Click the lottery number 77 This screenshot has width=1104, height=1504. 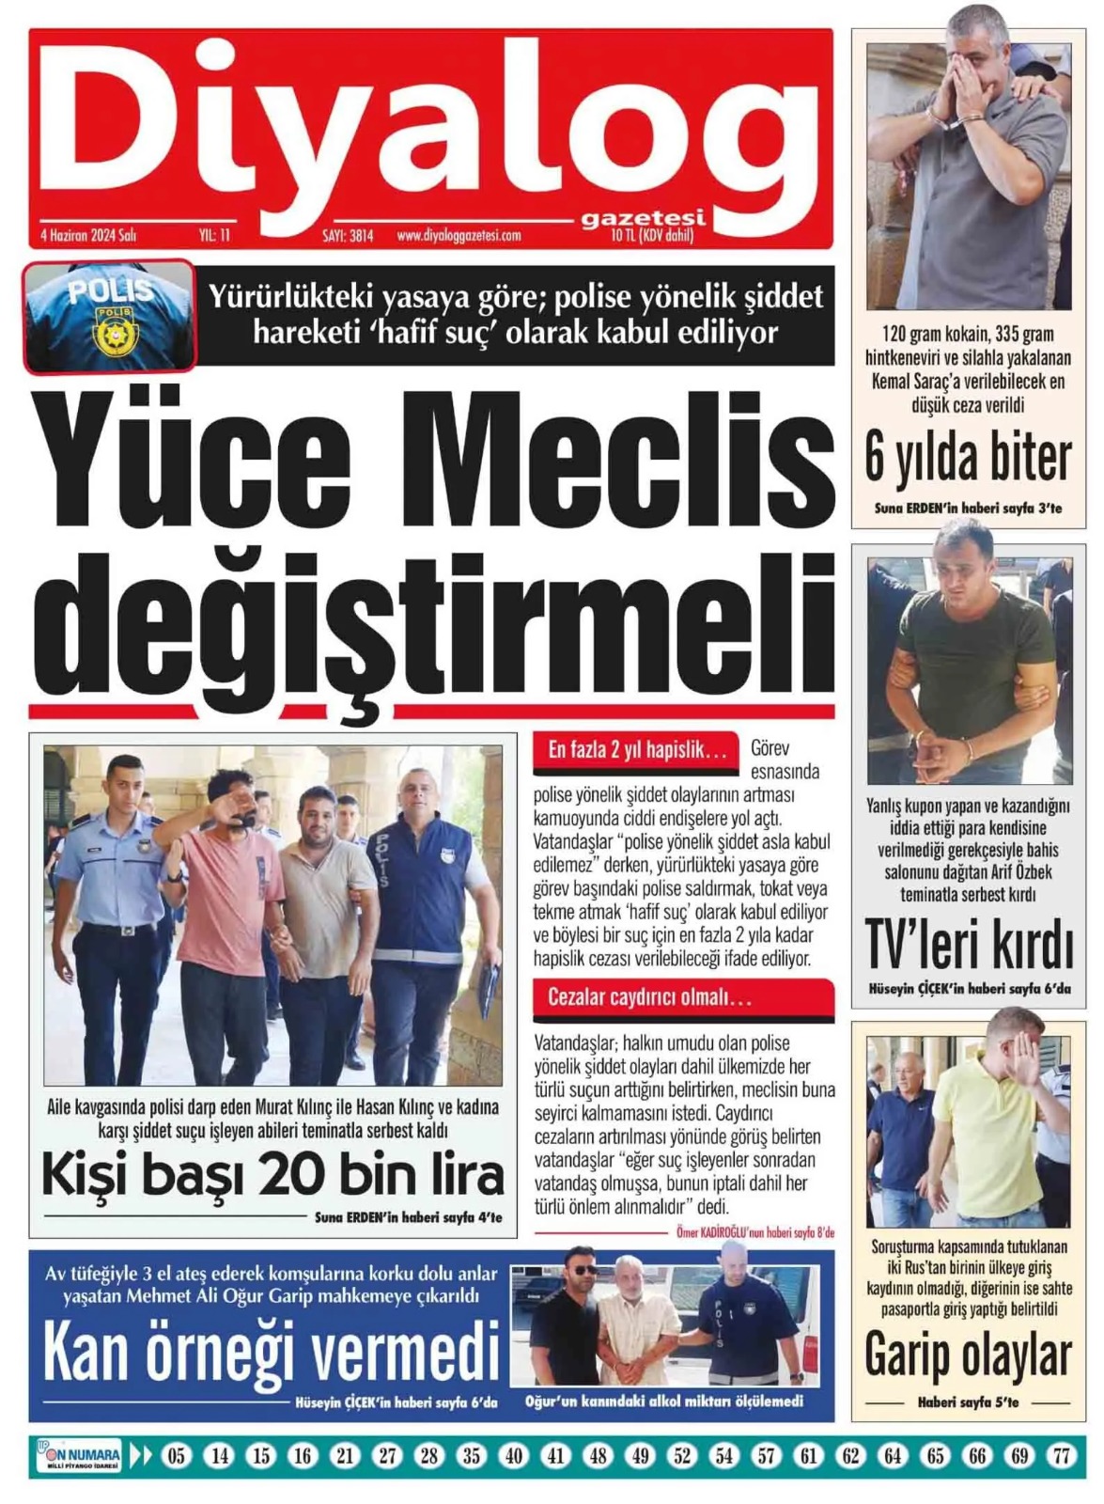pos(1062,1456)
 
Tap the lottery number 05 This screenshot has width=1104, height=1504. pos(176,1456)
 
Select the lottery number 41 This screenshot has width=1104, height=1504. pos(555,1456)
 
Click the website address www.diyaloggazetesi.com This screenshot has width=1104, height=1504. pos(459,236)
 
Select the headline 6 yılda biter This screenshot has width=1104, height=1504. pos(968,459)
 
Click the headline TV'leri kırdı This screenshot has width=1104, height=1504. pos(968,945)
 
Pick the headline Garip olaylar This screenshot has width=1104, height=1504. pos(968,1355)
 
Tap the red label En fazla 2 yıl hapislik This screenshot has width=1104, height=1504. pos(637,750)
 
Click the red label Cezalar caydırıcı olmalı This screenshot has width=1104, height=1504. pos(650,997)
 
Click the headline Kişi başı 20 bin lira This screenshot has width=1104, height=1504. pos(272,1175)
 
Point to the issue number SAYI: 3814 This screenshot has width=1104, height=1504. pos(348,236)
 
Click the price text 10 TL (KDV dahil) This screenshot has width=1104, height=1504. pos(652,236)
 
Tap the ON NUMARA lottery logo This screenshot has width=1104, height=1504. pos(79,1456)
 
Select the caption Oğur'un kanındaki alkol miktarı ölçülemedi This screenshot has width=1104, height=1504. pos(664,1402)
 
